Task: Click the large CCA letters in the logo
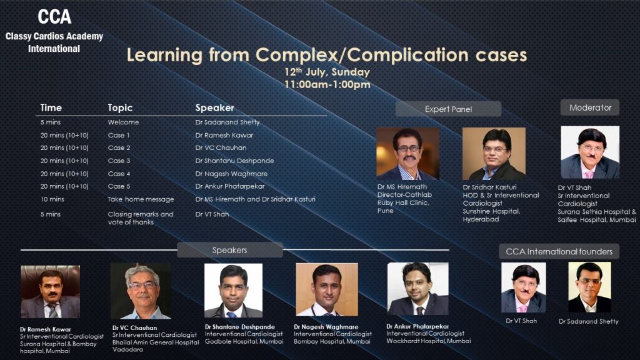click(54, 17)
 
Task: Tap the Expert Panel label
click(448, 109)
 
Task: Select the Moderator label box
click(590, 107)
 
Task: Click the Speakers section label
click(230, 250)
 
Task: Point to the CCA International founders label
click(559, 251)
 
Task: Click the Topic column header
click(120, 107)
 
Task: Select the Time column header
click(51, 107)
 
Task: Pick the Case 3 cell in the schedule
click(119, 161)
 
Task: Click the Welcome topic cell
click(123, 122)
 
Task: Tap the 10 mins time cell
click(52, 199)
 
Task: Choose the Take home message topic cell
click(141, 199)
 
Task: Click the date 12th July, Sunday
click(327, 72)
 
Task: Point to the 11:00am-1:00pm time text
click(327, 84)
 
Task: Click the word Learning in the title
click(164, 55)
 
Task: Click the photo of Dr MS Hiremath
click(407, 154)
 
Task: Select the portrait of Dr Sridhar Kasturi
click(494, 154)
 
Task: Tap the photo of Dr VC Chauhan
click(141, 291)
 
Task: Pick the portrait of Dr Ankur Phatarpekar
click(418, 289)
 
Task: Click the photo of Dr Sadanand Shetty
click(589, 287)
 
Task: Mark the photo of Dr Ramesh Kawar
click(50, 292)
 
